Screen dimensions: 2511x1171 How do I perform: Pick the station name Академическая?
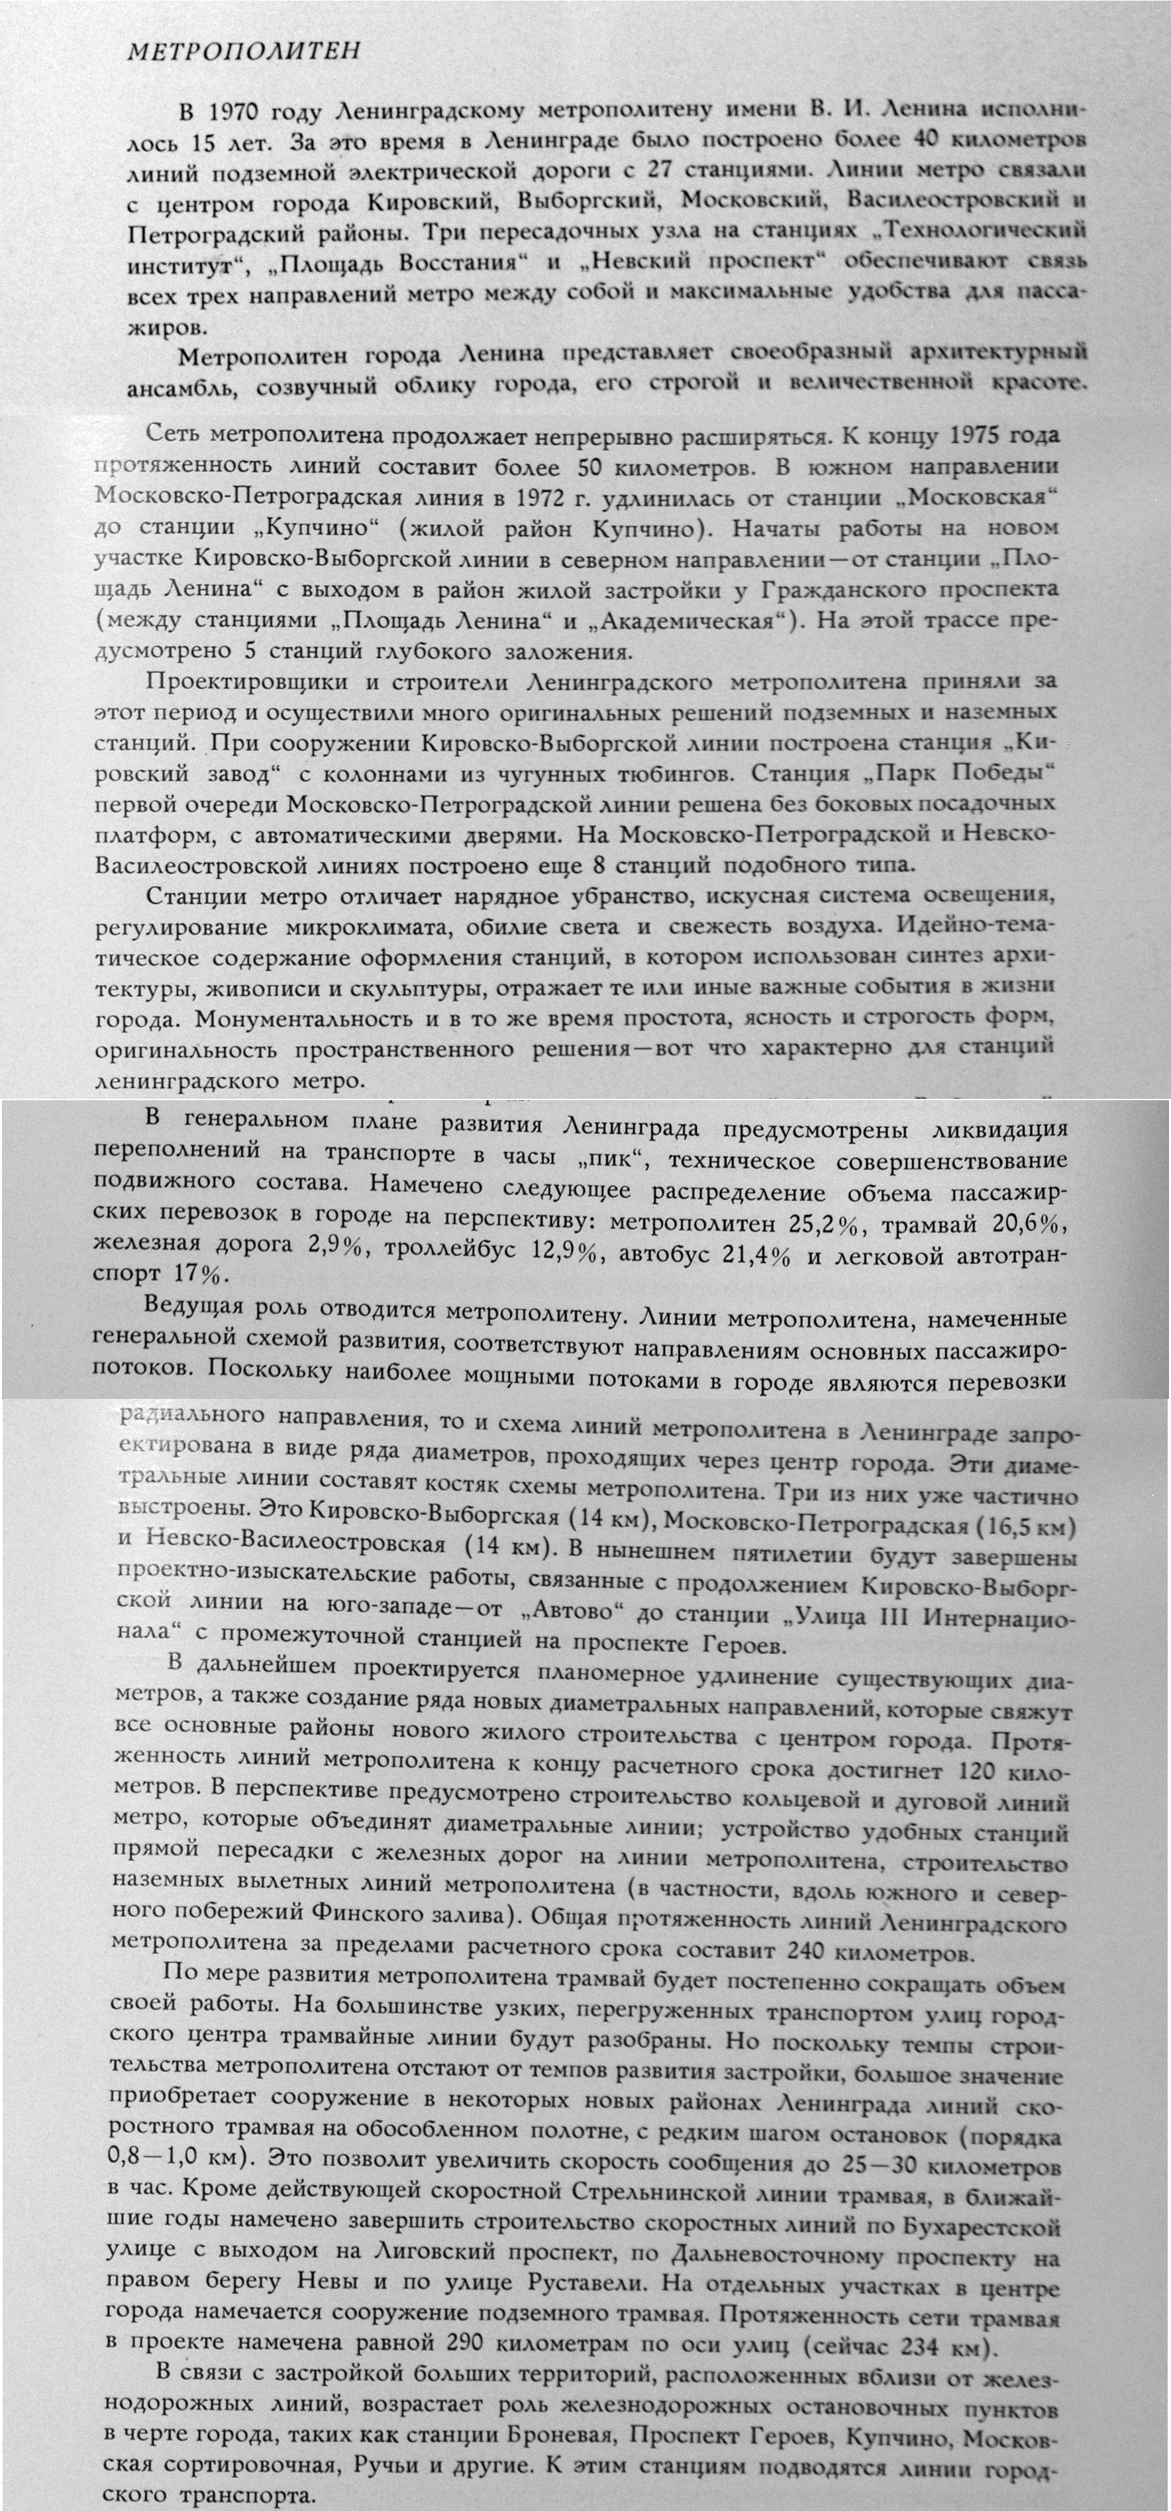point(693,621)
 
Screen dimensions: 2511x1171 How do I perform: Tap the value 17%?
point(200,1274)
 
